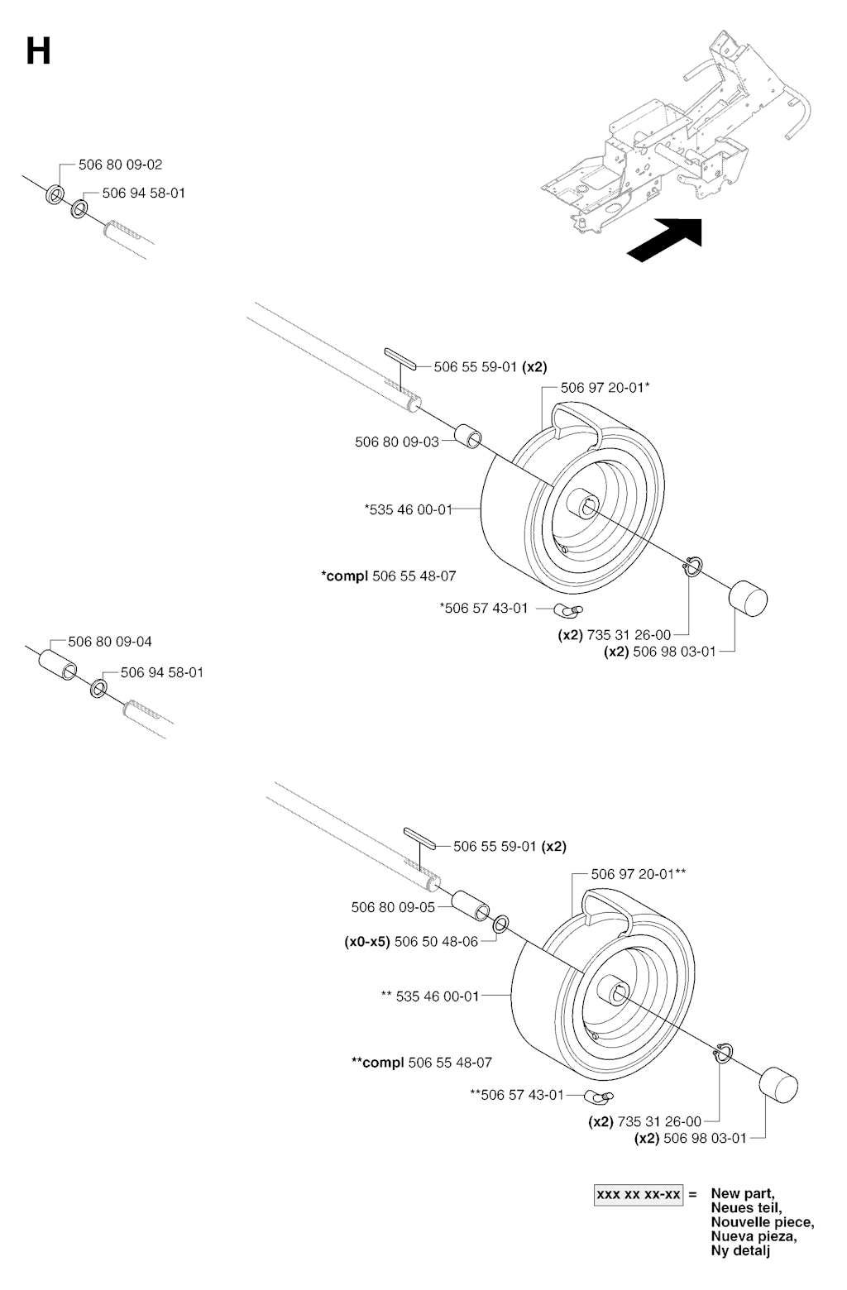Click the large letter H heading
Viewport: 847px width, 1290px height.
[x=38, y=52]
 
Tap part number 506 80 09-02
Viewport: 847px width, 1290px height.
[x=121, y=165]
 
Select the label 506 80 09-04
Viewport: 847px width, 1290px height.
[x=110, y=642]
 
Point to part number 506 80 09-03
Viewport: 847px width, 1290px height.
[x=397, y=442]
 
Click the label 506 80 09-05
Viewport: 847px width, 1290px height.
[x=393, y=907]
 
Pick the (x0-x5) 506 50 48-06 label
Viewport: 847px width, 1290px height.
[x=411, y=941]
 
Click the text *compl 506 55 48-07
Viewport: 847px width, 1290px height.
[x=389, y=576]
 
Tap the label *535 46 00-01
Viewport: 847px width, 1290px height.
[x=409, y=509]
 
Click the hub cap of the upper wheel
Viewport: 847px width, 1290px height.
[x=747, y=599]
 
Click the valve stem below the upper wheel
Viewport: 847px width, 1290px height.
[x=568, y=610]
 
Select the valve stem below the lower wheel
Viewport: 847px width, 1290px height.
[x=597, y=1096]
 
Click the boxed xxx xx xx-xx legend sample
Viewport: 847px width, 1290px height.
[x=639, y=1195]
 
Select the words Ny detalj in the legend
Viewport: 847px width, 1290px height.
[x=740, y=1251]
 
